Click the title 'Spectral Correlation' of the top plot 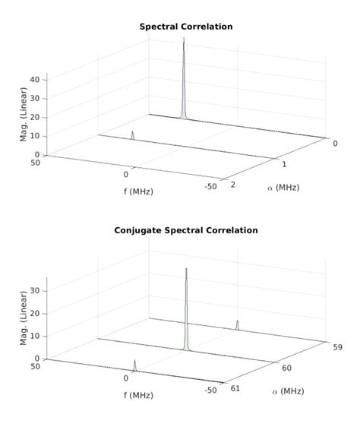[185, 27]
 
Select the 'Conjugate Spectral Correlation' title [185, 230]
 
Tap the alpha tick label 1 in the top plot [283, 165]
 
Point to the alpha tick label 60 [287, 368]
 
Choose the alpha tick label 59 [336, 347]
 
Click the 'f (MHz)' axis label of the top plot [138, 191]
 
